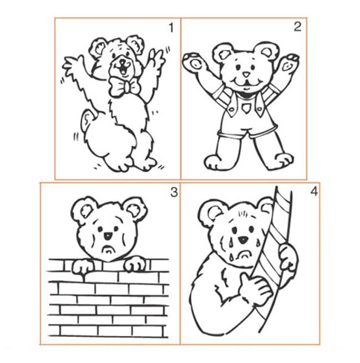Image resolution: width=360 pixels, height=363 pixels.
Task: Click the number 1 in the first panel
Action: coord(171,28)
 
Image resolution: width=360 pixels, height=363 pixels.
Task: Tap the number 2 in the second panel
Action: coord(297,27)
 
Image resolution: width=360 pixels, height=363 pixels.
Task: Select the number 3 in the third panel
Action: coord(174,192)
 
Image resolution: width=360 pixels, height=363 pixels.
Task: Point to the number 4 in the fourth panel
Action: coord(314,191)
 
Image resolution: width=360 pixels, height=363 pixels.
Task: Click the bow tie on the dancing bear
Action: coord(124,87)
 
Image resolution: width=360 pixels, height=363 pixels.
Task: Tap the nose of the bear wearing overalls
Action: coord(246,75)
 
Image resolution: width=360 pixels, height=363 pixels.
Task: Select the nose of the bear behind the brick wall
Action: coord(108,236)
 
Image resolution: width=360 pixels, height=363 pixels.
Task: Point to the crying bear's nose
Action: coord(243,239)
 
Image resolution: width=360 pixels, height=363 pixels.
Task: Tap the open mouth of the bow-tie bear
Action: coord(123,70)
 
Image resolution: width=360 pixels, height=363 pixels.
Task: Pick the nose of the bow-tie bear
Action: coord(122,62)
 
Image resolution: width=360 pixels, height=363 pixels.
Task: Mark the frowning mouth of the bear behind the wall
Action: coord(108,250)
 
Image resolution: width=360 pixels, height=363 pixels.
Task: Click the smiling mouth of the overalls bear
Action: coord(246,83)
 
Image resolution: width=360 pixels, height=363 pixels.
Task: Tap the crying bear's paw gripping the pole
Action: coord(287,258)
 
